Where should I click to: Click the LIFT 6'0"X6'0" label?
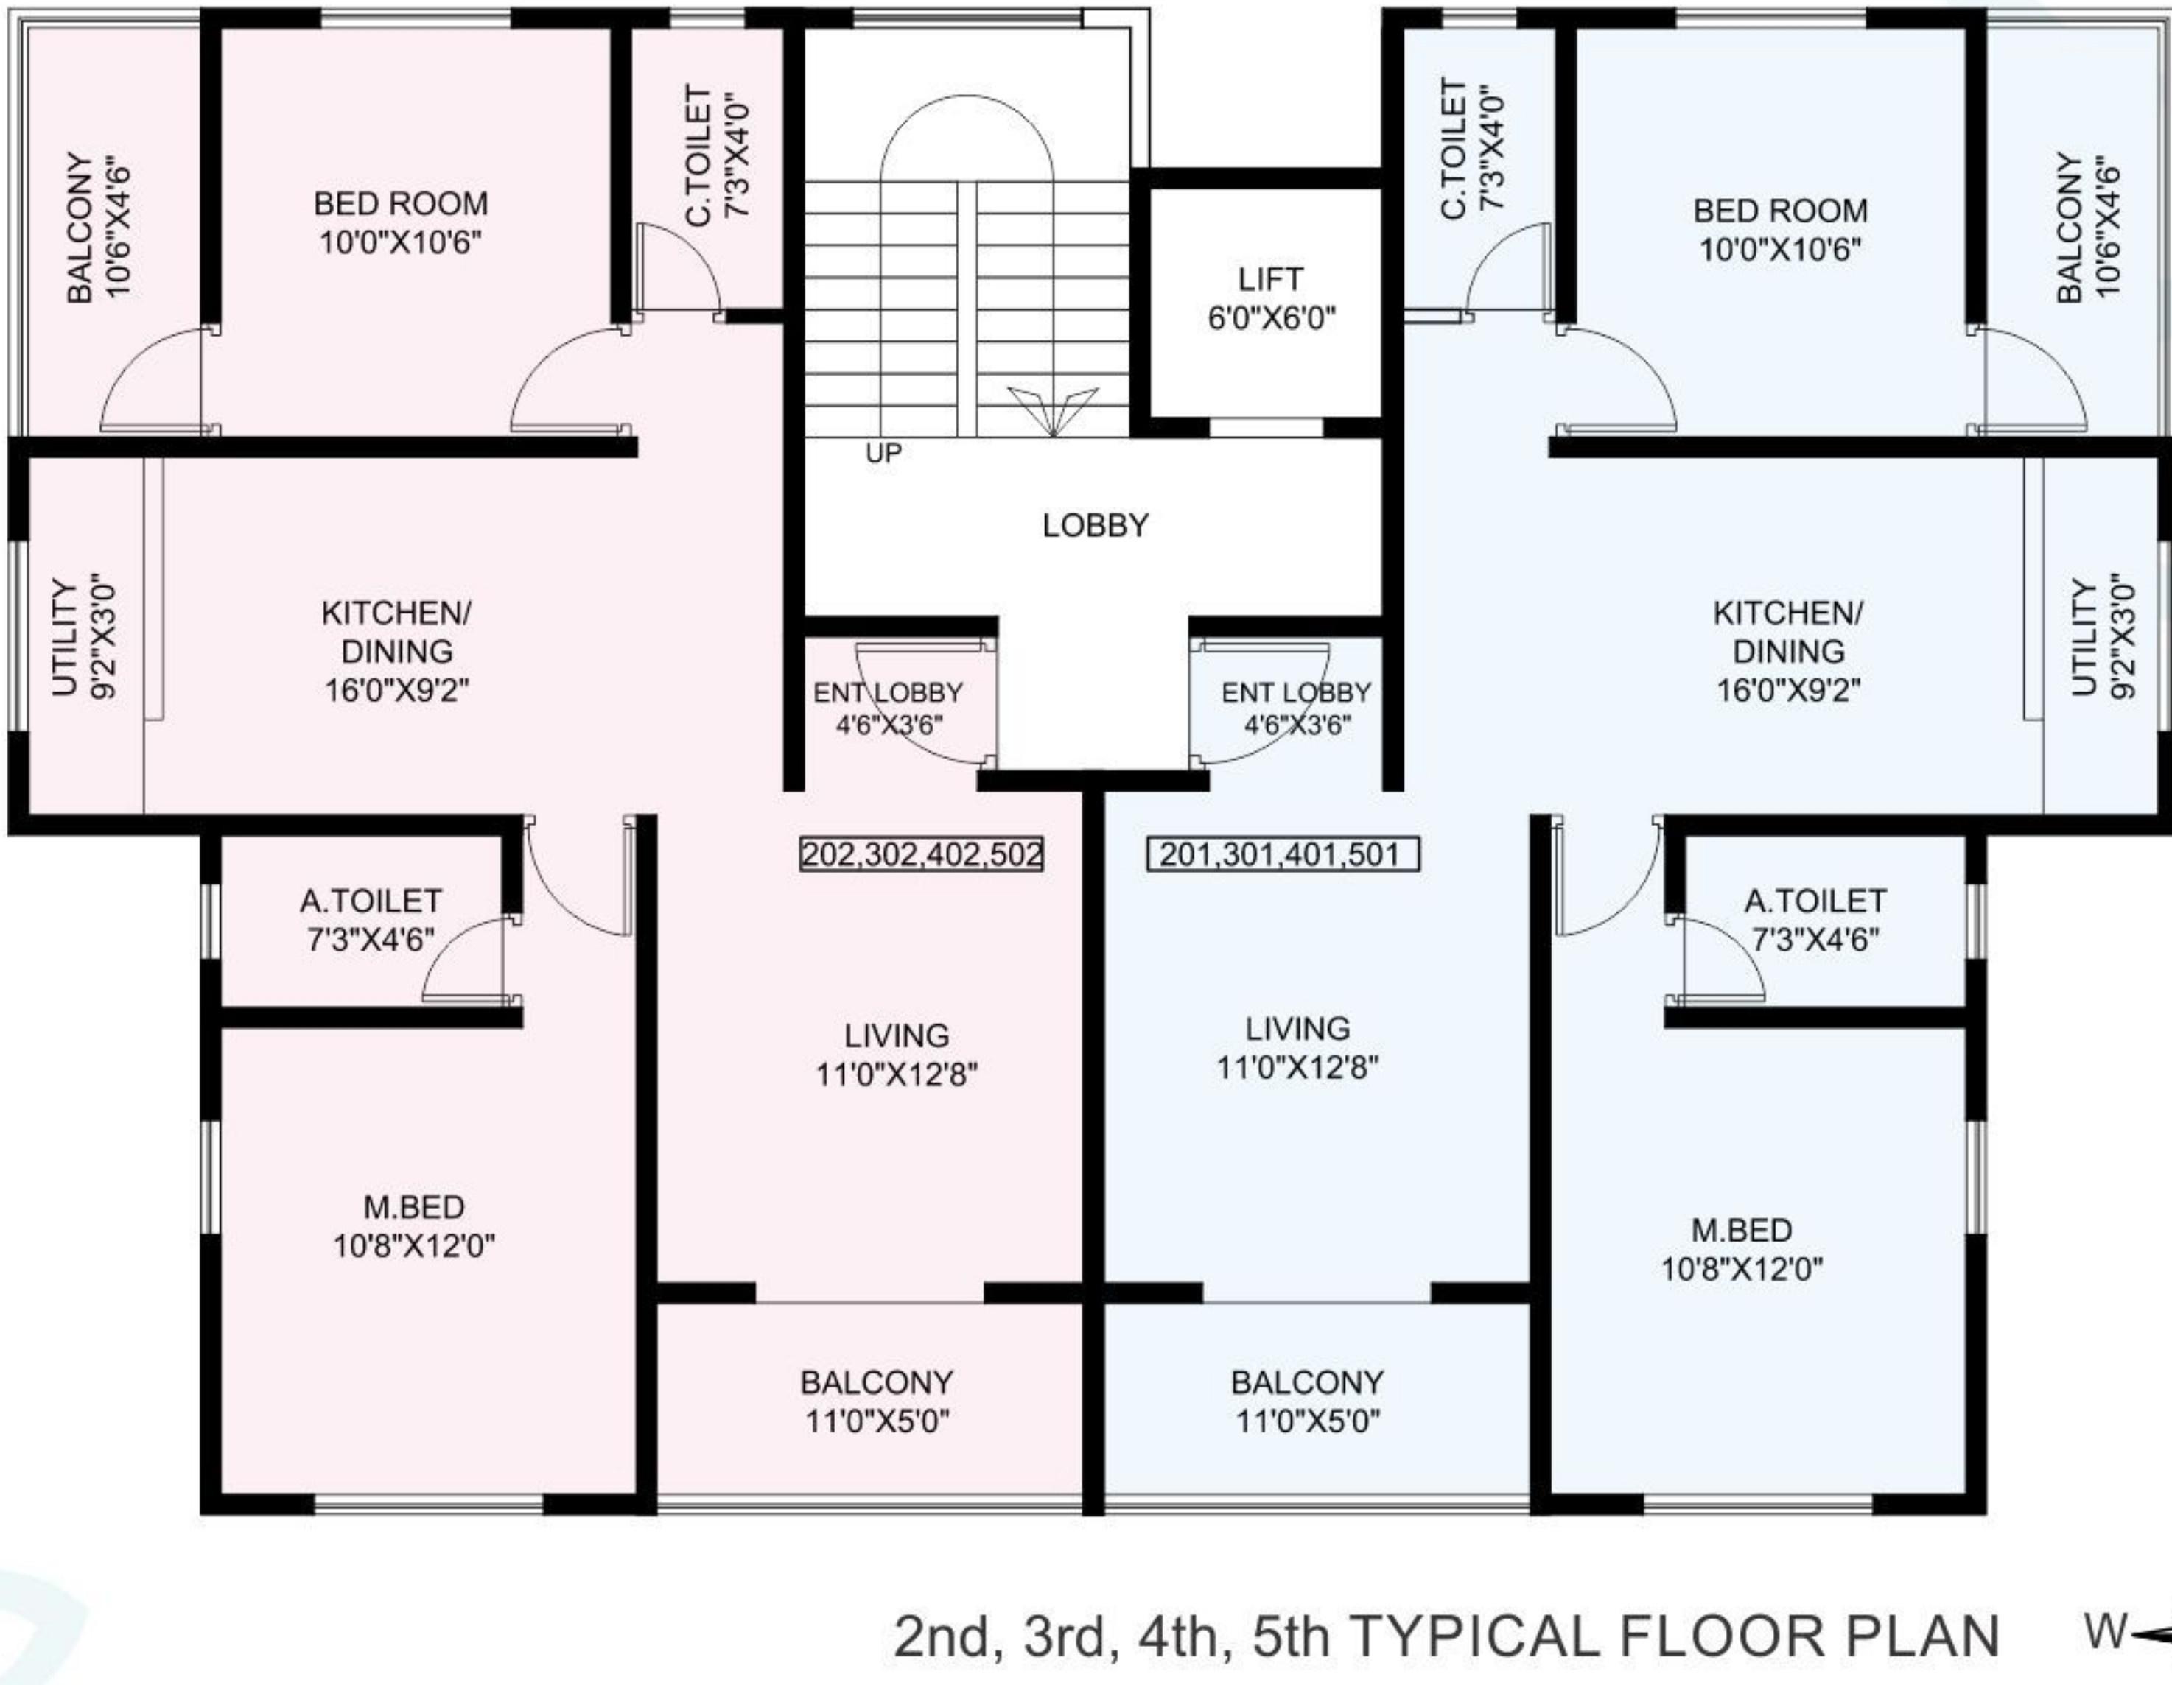(x=1270, y=298)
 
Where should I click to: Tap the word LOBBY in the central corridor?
(x=1095, y=525)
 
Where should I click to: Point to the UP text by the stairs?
(x=883, y=454)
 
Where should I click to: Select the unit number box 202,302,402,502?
(x=922, y=854)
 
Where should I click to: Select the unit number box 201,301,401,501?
(x=1282, y=854)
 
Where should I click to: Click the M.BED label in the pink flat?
(x=414, y=1225)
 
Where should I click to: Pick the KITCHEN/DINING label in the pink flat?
(x=396, y=651)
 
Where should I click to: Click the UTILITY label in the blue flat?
(x=2101, y=637)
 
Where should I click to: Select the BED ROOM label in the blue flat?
(x=1780, y=230)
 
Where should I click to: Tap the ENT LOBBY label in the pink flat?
(x=888, y=708)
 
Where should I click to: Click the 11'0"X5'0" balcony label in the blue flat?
(x=1307, y=1401)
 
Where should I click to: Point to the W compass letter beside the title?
(x=2106, y=1631)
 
